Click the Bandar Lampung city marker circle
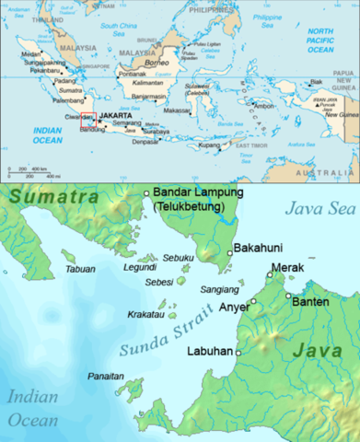click(x=145, y=192)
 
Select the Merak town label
click(x=288, y=268)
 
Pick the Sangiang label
click(x=219, y=289)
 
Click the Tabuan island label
click(x=82, y=269)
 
